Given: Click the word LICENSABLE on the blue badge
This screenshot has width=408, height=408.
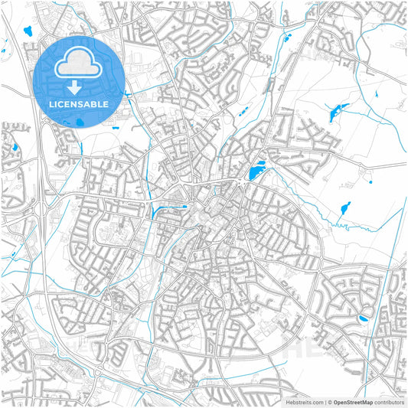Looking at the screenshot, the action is [79, 103].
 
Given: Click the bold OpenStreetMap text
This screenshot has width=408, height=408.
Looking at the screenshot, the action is [357, 401].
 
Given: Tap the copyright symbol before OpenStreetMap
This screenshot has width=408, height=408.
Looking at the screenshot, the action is [331, 401].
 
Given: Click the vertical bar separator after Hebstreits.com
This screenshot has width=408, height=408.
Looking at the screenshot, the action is [325, 401].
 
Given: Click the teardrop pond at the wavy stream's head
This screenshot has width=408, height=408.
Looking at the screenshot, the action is [346, 207].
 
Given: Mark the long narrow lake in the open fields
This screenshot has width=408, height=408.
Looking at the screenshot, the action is [338, 113].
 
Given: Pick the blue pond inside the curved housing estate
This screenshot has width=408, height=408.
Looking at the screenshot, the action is [363, 317].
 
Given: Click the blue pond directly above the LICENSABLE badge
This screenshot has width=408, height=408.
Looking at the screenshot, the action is [28, 31].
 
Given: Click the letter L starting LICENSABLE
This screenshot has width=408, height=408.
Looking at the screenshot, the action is [51, 103].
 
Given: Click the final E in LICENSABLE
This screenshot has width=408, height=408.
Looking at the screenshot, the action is [106, 103].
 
